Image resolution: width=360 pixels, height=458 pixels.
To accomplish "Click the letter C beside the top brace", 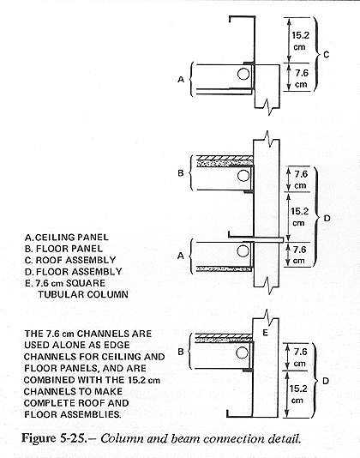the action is tap(326, 55).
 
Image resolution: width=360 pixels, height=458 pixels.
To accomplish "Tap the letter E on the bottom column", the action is tap(265, 333).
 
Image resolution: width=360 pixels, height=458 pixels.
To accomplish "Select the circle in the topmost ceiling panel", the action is tap(243, 75).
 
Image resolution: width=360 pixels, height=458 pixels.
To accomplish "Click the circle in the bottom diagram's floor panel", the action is tap(242, 353).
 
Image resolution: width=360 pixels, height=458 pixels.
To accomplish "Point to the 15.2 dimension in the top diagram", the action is tap(300, 41).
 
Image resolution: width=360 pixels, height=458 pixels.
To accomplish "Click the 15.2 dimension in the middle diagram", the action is tap(299, 217).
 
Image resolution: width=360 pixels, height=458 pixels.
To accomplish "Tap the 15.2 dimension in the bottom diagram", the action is tap(298, 395).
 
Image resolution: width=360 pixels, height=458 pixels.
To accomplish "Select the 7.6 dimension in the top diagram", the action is tap(302, 78).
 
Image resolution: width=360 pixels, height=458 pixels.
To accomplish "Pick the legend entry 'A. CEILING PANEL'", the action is tap(67, 238).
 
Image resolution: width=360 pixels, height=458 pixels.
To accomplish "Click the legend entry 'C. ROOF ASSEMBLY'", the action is tap(70, 260).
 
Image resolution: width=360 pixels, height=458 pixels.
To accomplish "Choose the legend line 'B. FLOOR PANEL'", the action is tap(63, 249).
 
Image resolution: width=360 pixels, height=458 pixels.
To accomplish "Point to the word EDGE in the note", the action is tap(117, 345).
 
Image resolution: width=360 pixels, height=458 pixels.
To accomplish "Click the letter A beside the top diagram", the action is tap(181, 79).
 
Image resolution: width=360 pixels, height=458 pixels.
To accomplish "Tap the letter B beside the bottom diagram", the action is tap(181, 352).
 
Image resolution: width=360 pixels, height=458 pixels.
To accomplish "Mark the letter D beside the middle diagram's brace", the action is tap(327, 218).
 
